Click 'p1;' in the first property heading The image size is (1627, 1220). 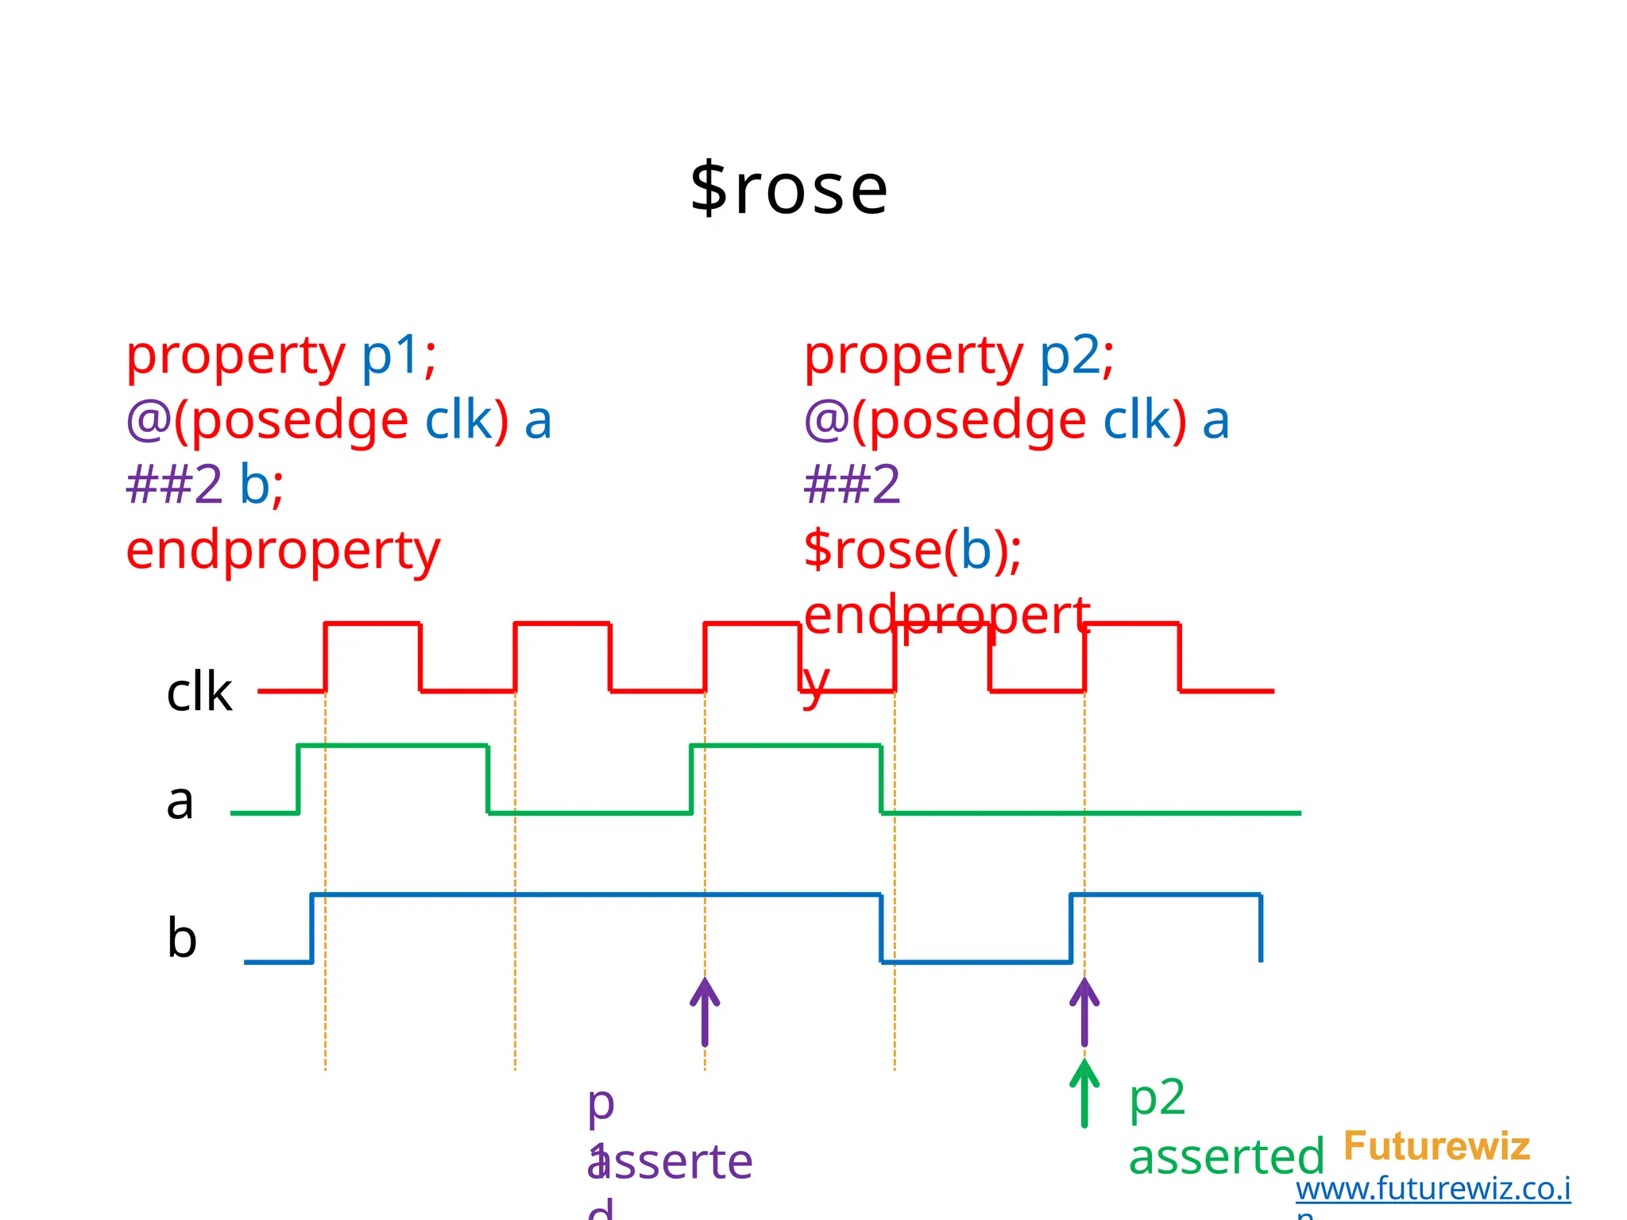pyautogui.click(x=399, y=355)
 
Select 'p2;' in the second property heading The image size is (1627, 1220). pyautogui.click(x=1076, y=355)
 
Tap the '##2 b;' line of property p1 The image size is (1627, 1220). pyautogui.click(x=205, y=485)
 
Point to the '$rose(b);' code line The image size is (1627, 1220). pyautogui.click(x=912, y=550)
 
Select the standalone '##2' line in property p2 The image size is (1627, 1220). pyautogui.click(x=852, y=485)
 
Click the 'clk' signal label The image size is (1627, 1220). pyautogui.click(x=199, y=692)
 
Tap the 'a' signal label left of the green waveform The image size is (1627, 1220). pyautogui.click(x=180, y=801)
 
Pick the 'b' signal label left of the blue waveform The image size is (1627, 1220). pyautogui.click(x=182, y=938)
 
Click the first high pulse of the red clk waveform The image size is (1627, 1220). pyautogui.click(x=373, y=625)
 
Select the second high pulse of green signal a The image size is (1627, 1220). pyautogui.click(x=786, y=746)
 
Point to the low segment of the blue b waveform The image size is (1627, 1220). pyautogui.click(x=976, y=962)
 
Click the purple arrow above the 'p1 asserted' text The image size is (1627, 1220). pyautogui.click(x=705, y=1012)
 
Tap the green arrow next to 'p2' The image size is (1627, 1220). pyautogui.click(x=1084, y=1095)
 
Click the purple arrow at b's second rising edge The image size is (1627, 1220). pyautogui.click(x=1084, y=1012)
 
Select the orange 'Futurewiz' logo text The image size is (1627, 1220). pyautogui.click(x=1436, y=1146)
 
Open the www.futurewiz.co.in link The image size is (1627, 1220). pyautogui.click(x=1432, y=1189)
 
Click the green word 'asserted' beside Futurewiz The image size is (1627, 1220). pyautogui.click(x=1226, y=1157)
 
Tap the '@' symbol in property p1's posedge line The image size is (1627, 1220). pyautogui.click(x=149, y=419)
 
